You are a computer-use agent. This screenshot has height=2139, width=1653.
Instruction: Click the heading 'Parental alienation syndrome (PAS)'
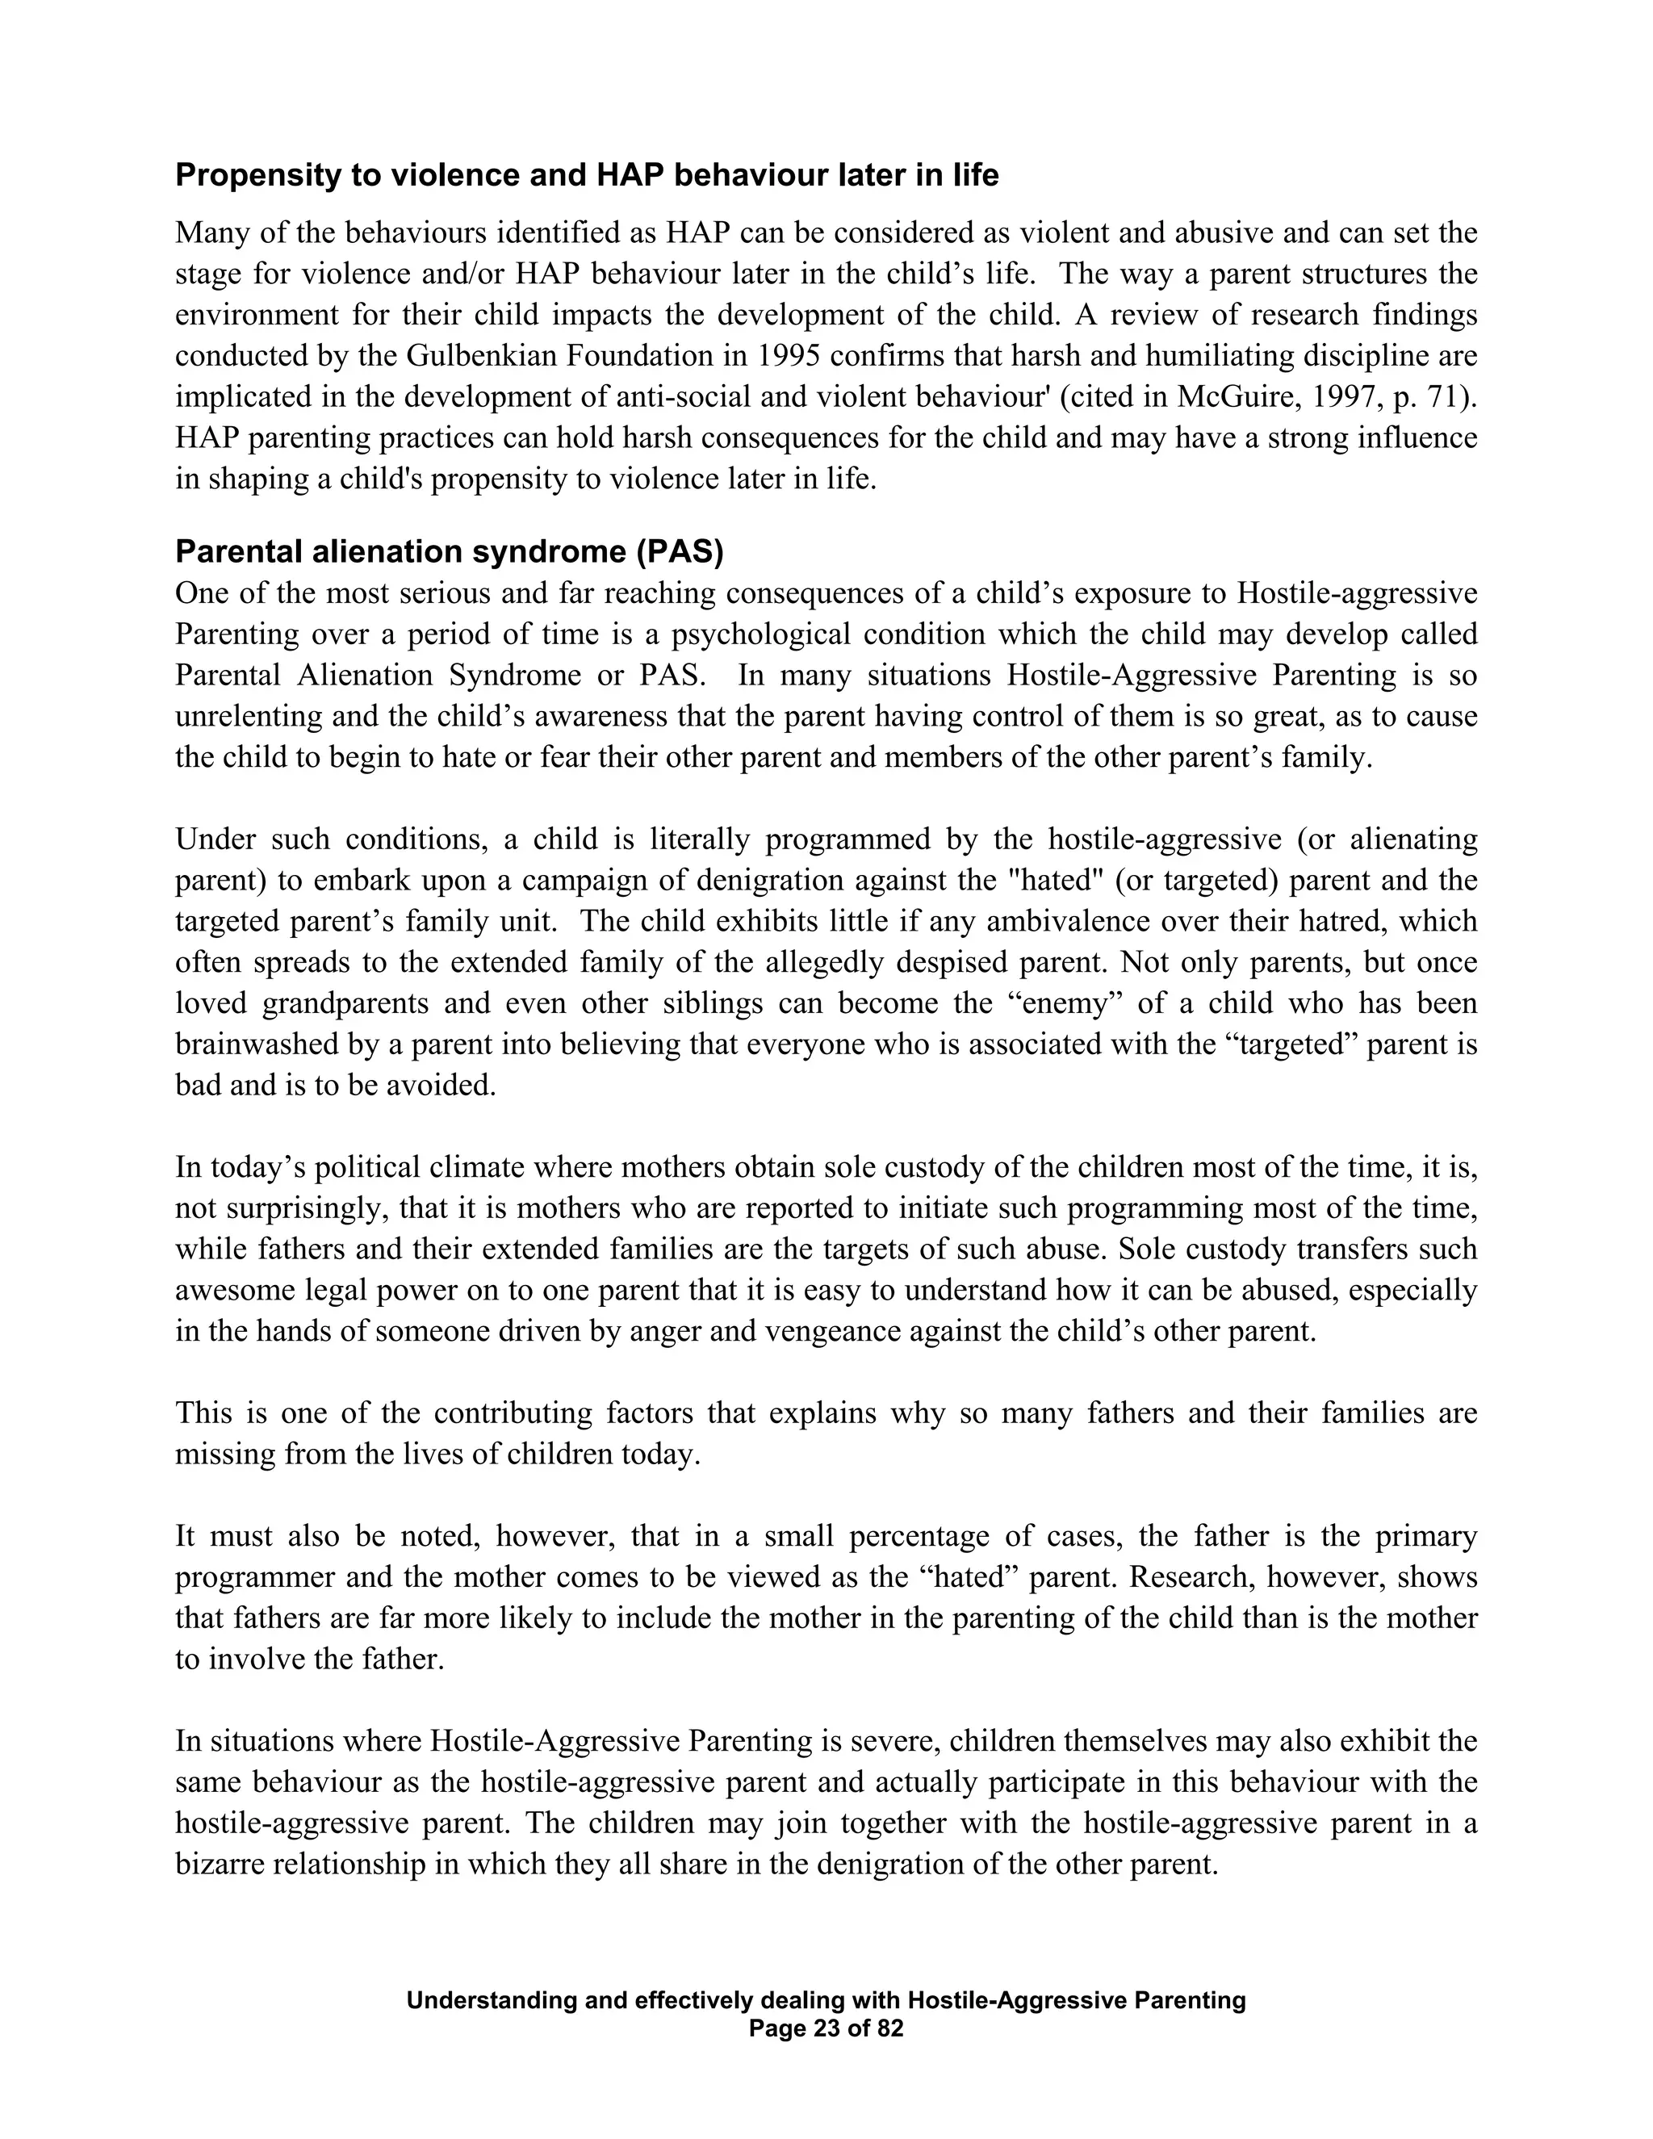coord(449,552)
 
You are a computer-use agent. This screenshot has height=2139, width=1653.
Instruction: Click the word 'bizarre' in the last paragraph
coord(220,1865)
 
